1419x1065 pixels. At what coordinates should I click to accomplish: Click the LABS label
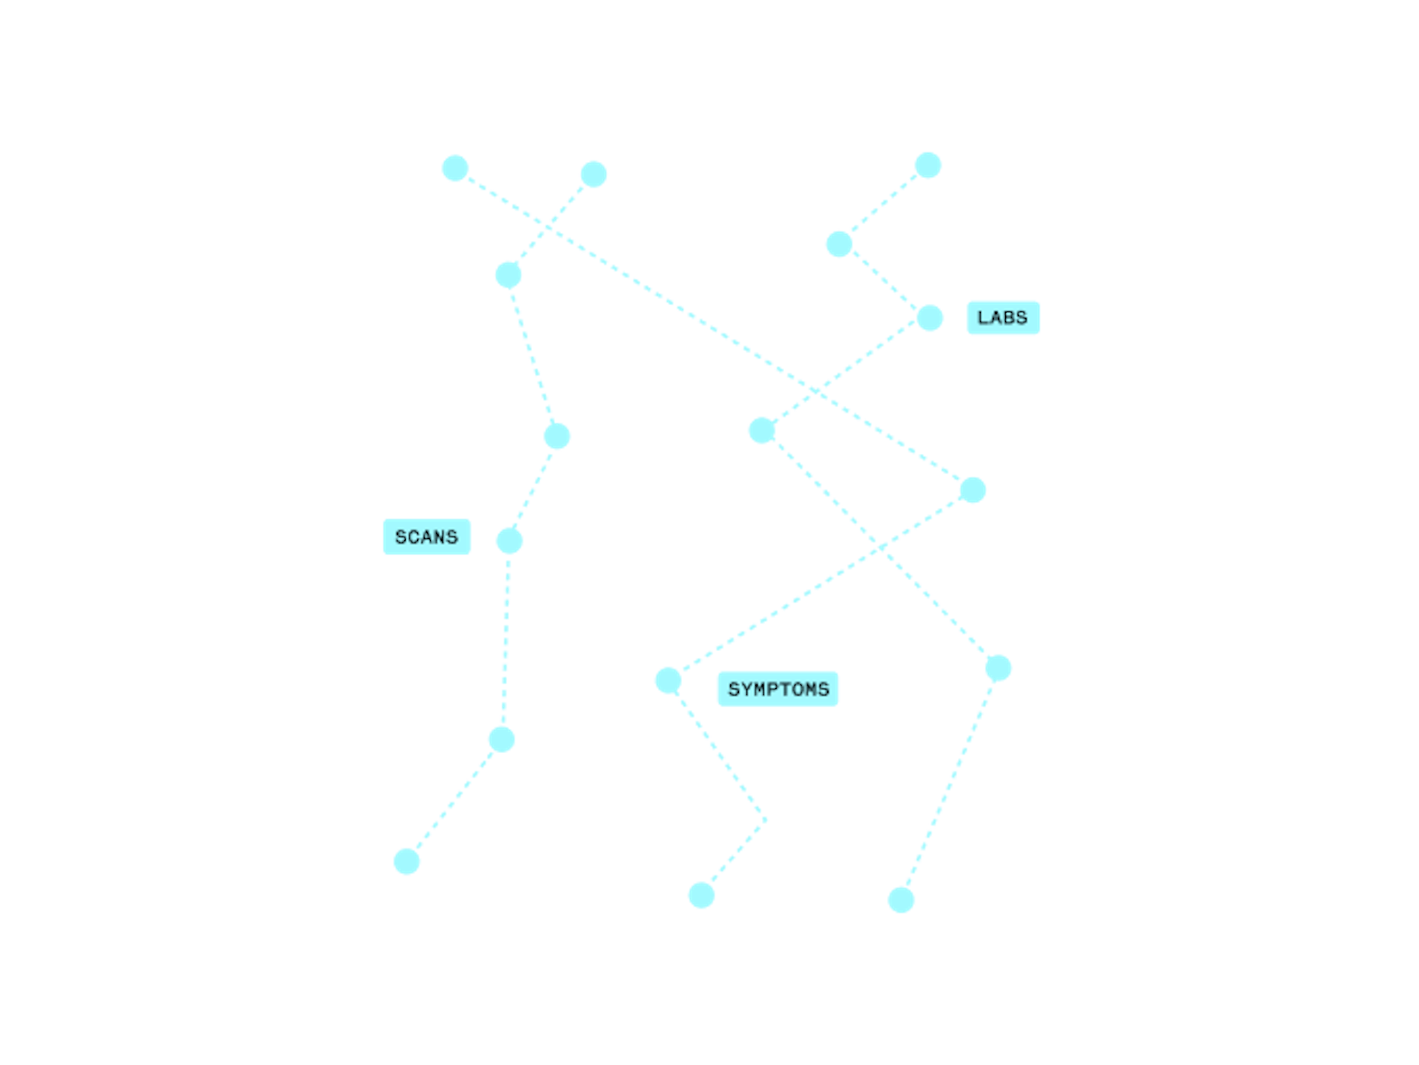pyautogui.click(x=1003, y=318)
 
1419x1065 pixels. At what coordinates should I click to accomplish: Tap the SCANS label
pyautogui.click(x=426, y=537)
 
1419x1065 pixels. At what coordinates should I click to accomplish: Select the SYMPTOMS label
pyautogui.click(x=778, y=689)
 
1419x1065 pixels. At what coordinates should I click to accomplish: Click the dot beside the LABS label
pyautogui.click(x=930, y=318)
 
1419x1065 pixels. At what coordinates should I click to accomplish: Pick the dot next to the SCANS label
pyautogui.click(x=509, y=541)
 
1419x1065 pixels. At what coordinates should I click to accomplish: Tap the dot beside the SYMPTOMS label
pyautogui.click(x=668, y=681)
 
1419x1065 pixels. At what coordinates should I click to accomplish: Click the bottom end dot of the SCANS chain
pyautogui.click(x=406, y=861)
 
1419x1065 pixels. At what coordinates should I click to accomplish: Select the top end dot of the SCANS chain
pyautogui.click(x=593, y=174)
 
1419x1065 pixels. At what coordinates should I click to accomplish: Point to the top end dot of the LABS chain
pyautogui.click(x=928, y=166)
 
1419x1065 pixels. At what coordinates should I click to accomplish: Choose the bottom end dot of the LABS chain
pyautogui.click(x=901, y=900)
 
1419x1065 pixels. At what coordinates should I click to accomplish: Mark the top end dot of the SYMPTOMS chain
pyautogui.click(x=455, y=169)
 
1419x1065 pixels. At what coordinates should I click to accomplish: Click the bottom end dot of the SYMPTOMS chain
pyautogui.click(x=701, y=896)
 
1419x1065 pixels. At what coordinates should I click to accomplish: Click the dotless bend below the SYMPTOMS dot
pyautogui.click(x=766, y=820)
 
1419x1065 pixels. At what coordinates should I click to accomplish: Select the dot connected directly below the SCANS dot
pyautogui.click(x=502, y=739)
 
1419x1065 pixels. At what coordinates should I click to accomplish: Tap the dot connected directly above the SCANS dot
pyautogui.click(x=557, y=436)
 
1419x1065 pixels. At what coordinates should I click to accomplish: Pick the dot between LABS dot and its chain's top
pyautogui.click(x=840, y=244)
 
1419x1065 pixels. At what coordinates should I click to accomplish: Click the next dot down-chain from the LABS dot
pyautogui.click(x=762, y=430)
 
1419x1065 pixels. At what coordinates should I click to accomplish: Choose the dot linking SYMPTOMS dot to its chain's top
pyautogui.click(x=973, y=490)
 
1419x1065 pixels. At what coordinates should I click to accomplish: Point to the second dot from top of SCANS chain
pyautogui.click(x=508, y=275)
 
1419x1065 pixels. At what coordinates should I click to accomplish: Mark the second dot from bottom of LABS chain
pyautogui.click(x=998, y=668)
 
